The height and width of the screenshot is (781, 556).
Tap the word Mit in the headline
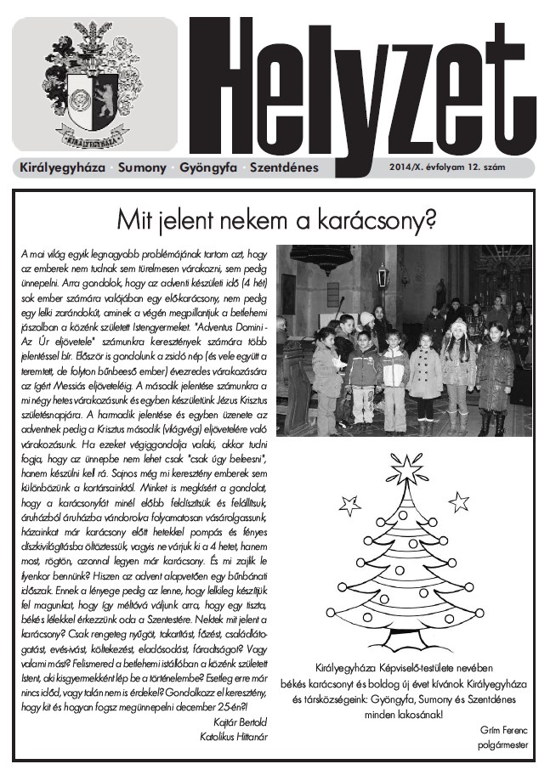click(x=135, y=219)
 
